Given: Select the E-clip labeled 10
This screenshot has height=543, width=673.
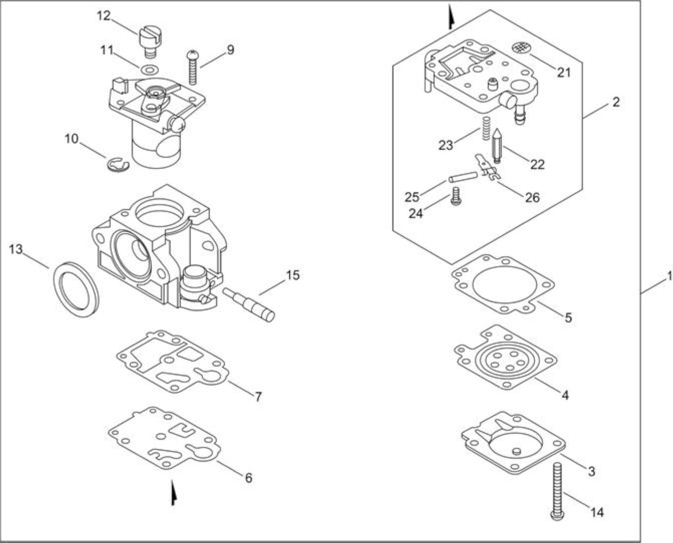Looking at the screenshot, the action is pyautogui.click(x=117, y=165).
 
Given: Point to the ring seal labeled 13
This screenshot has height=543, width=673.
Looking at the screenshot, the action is pyautogui.click(x=76, y=289).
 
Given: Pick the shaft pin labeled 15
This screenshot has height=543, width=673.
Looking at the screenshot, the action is pyautogui.click(x=249, y=304).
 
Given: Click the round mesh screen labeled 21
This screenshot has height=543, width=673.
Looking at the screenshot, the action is pyautogui.click(x=521, y=48).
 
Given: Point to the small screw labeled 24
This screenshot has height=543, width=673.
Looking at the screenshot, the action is pyautogui.click(x=456, y=196).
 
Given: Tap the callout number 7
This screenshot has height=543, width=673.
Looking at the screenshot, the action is pyautogui.click(x=258, y=397).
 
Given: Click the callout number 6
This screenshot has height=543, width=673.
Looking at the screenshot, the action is pyautogui.click(x=249, y=478).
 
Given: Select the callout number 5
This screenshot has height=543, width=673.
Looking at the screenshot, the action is pyautogui.click(x=568, y=318).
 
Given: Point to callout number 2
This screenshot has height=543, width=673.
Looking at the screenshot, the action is pyautogui.click(x=616, y=102).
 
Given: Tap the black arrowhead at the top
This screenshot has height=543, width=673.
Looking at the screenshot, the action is pyautogui.click(x=450, y=17).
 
